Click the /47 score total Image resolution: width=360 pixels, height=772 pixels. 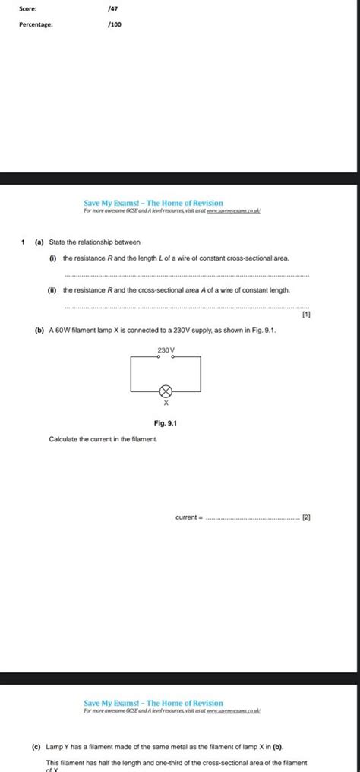point(113,8)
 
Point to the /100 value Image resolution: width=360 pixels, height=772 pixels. point(115,24)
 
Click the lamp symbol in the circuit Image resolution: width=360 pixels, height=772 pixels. point(166,391)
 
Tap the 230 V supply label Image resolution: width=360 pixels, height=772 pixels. point(166,350)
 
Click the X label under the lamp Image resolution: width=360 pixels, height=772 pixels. point(166,404)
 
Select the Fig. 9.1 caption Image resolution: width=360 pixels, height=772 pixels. point(166,423)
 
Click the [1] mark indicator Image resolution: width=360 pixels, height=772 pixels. point(305,314)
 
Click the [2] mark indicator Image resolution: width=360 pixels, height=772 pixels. point(305,517)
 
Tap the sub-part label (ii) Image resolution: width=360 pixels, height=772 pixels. point(54,290)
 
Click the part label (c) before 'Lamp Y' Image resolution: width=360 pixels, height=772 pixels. point(36,747)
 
